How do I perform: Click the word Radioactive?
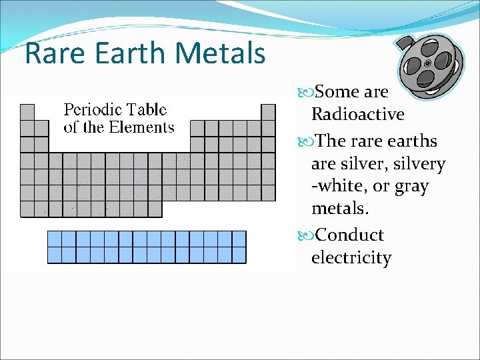pos(357,115)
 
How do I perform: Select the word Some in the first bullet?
pos(337,91)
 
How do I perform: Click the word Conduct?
pos(349,235)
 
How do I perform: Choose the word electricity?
pos(351,258)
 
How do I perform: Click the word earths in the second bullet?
pos(413,141)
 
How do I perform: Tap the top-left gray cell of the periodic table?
pos(27,112)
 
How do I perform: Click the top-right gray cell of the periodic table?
pos(268,112)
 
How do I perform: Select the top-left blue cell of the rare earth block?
pos(55,239)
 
